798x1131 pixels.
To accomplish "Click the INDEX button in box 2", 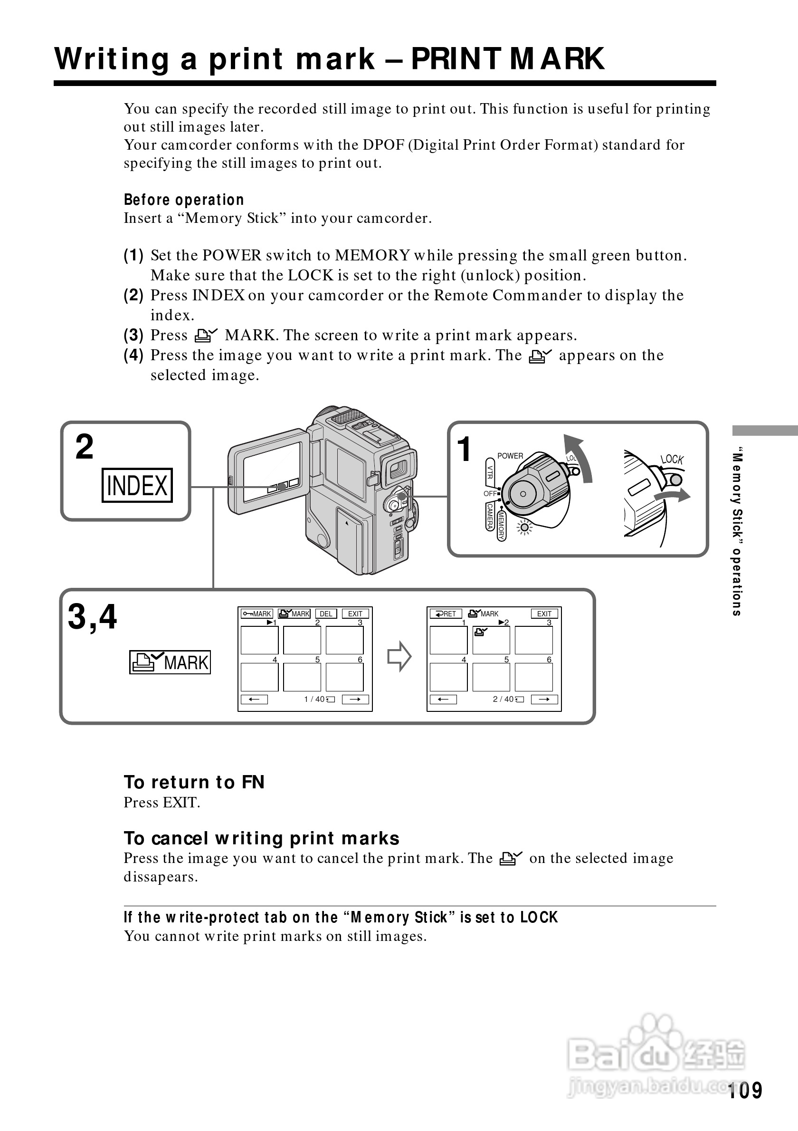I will [x=137, y=485].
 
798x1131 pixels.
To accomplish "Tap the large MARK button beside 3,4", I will [x=170, y=662].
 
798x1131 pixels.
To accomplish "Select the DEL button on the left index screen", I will [x=326, y=614].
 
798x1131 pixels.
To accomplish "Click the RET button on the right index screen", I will [x=446, y=614].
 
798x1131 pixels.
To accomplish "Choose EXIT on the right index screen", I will [x=544, y=614].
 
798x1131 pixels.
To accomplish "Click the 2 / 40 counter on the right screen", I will [x=503, y=699].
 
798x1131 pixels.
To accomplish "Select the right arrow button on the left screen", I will [x=355, y=699].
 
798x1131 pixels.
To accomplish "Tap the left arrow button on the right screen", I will [x=443, y=699].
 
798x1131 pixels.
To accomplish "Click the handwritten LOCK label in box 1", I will [x=672, y=459].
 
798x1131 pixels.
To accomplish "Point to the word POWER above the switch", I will [x=510, y=456].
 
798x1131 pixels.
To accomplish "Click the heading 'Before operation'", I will [x=184, y=200].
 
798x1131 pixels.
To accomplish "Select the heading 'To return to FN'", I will [x=194, y=782].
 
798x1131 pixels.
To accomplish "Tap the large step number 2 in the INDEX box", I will [x=85, y=447].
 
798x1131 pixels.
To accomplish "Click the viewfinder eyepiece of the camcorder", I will [x=399, y=468].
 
